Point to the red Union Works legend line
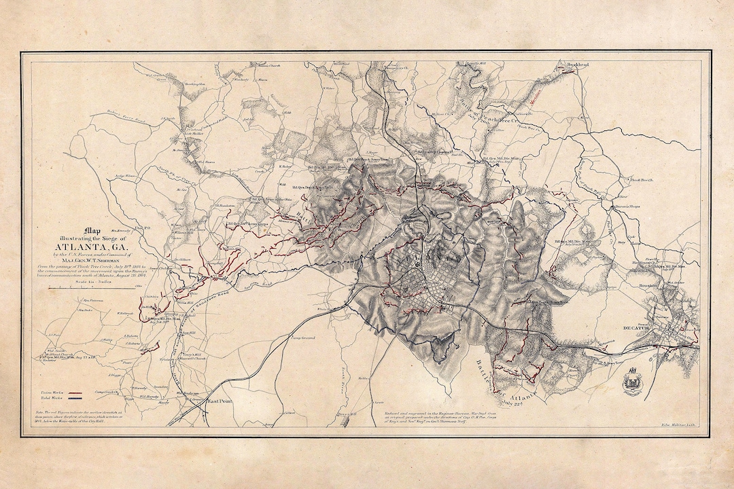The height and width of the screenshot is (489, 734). pyautogui.click(x=76, y=393)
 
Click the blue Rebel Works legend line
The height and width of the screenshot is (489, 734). pyautogui.click(x=76, y=399)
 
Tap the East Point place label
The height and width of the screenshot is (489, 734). pyautogui.click(x=211, y=401)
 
